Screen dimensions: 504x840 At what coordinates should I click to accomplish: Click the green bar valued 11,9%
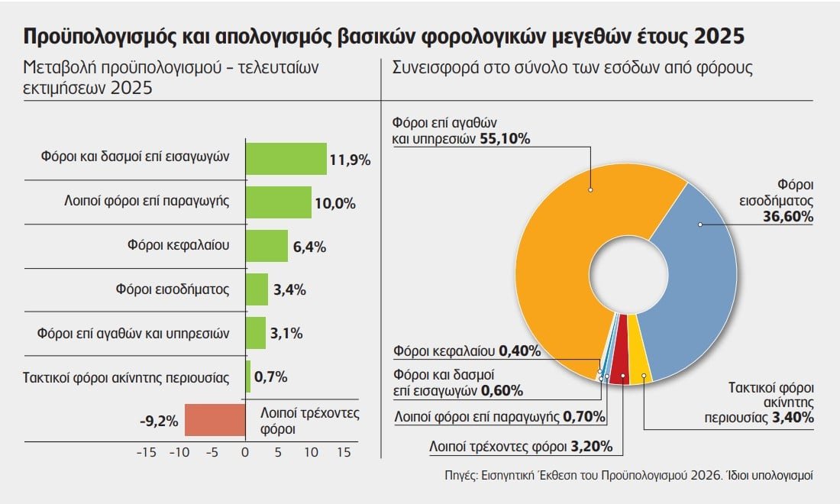coord(286,159)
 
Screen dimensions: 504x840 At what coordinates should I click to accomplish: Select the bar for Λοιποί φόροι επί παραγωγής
coord(278,202)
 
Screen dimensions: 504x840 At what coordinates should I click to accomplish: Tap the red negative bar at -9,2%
coord(215,420)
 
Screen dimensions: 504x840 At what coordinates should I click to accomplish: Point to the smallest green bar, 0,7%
coord(247,376)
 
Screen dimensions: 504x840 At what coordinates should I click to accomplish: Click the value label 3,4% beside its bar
coord(289,289)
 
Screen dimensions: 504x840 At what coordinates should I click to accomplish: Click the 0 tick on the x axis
coord(245,452)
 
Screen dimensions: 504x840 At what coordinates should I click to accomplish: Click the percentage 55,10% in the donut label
coord(505,139)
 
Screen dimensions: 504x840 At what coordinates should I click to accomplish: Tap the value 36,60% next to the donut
coord(788,217)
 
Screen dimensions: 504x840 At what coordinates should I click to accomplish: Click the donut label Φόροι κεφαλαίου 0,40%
coord(467,351)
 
